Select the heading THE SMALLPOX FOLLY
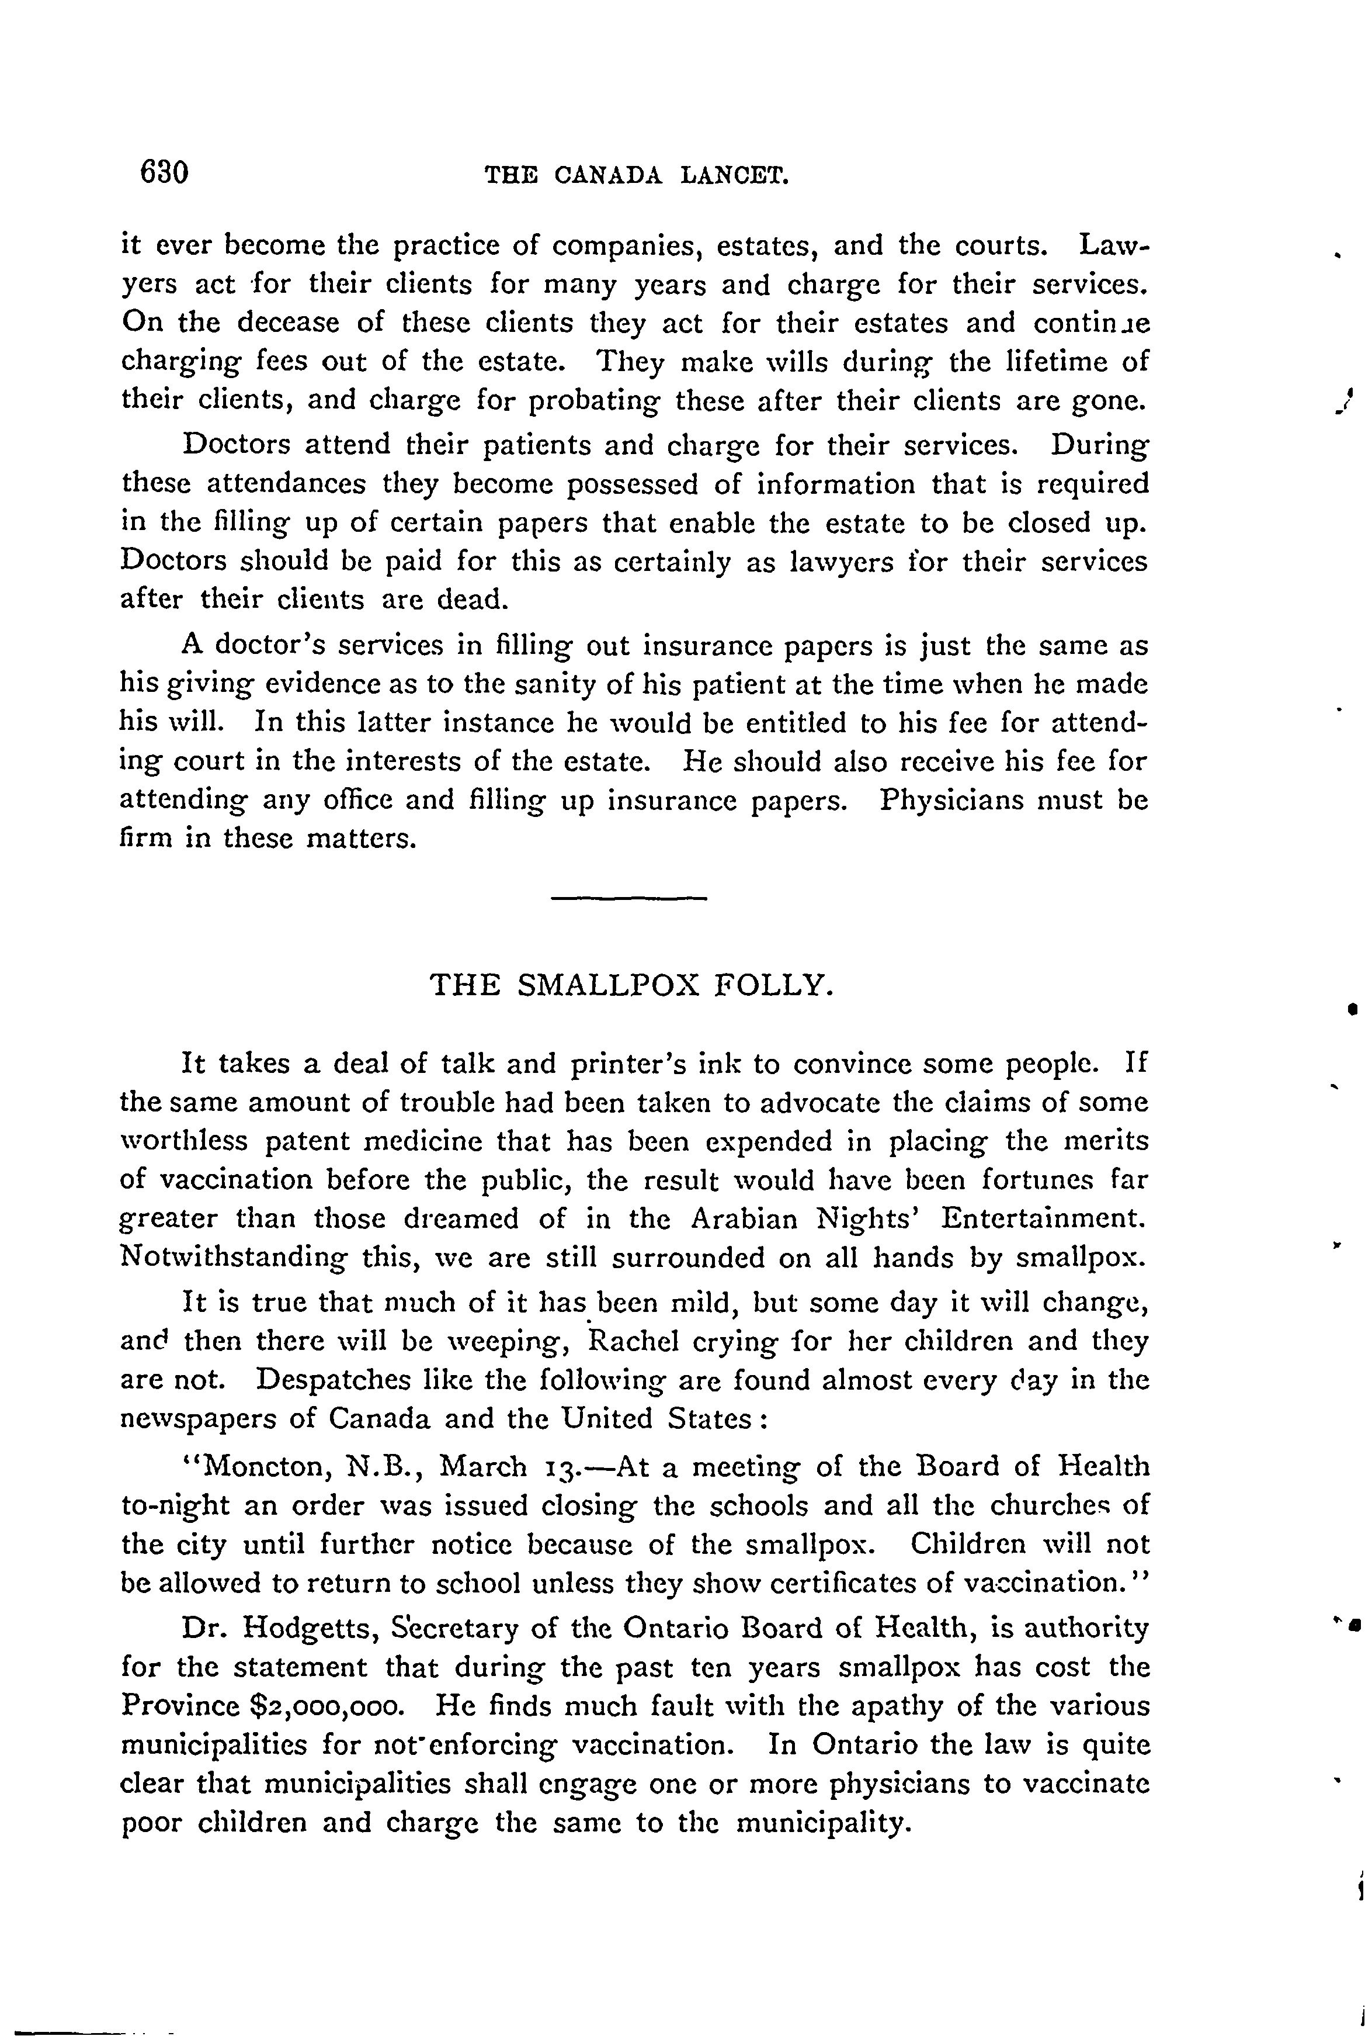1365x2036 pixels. point(633,985)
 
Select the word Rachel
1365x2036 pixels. point(634,1341)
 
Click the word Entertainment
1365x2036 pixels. point(1045,1218)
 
